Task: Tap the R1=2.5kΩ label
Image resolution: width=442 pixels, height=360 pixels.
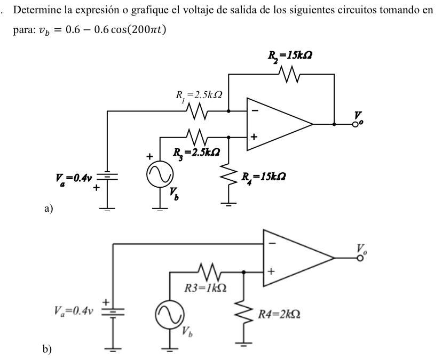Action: pos(199,96)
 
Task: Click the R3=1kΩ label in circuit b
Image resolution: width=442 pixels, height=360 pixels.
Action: pos(205,289)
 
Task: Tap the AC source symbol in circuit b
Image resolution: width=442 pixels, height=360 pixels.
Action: pos(170,314)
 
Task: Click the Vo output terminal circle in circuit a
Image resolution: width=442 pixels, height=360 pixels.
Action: pos(354,124)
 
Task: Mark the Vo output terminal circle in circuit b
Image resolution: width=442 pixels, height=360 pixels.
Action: pos(360,259)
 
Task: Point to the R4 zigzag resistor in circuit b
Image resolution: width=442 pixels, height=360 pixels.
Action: pos(244,313)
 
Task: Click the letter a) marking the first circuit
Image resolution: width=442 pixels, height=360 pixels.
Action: pos(48,210)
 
